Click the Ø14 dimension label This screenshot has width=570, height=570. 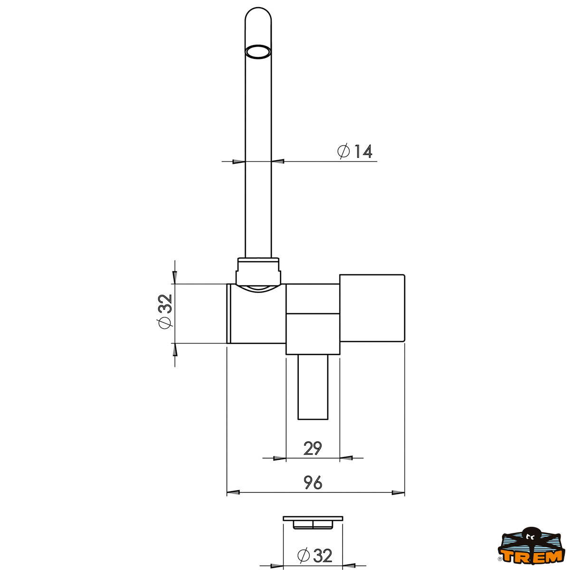[355, 151]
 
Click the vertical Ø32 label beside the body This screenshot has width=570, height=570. [165, 312]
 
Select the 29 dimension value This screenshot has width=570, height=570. [313, 448]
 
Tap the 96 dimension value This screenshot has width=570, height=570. [313, 483]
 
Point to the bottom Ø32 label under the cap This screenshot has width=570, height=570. [315, 555]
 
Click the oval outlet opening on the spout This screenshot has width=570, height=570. [258, 52]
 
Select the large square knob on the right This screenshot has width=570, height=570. [372, 308]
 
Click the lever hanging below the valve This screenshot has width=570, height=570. [313, 387]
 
